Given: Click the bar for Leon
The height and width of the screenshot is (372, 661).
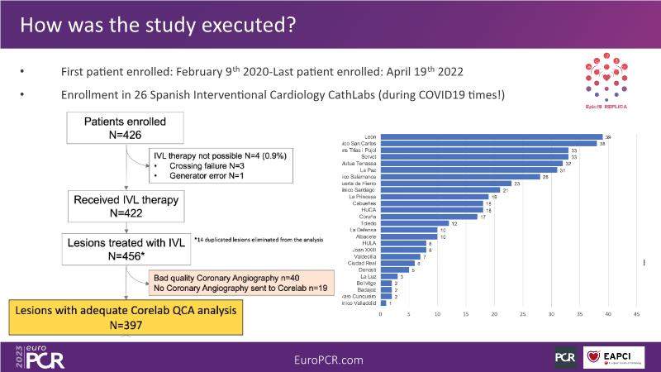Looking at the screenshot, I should coord(492,136).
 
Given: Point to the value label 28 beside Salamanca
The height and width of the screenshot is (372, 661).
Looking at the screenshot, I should coord(546,177).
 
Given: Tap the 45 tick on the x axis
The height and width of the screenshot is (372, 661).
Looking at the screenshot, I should coord(636,315).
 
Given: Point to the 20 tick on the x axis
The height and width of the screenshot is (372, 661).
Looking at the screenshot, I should coord(494,315).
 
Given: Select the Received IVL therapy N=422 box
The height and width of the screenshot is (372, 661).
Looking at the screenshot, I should coord(126,204).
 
